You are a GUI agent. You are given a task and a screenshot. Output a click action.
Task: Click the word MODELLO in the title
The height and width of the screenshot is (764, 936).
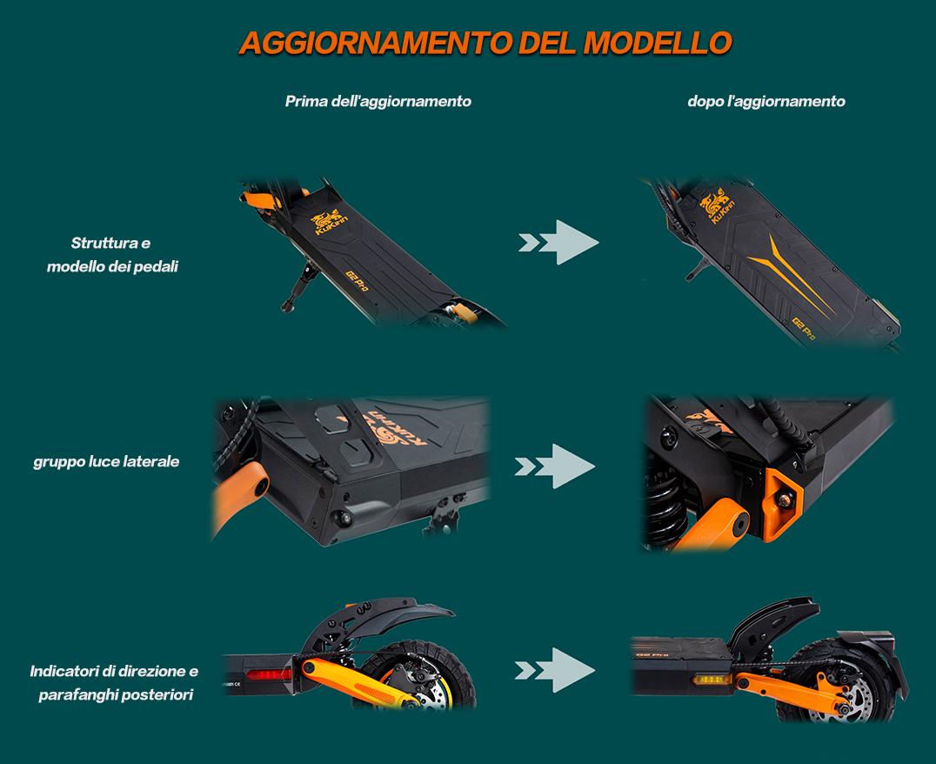(x=658, y=43)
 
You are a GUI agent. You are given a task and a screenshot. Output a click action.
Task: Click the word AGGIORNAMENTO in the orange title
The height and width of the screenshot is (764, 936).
(x=376, y=43)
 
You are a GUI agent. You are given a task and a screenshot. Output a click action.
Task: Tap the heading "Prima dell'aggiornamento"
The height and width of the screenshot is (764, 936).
(x=378, y=101)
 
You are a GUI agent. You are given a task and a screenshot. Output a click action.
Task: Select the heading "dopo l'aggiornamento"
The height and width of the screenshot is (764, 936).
(x=766, y=101)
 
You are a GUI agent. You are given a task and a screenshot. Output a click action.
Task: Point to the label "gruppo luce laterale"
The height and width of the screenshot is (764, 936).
(x=106, y=461)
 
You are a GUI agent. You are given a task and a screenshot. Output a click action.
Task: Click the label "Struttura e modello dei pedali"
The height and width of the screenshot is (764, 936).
(x=112, y=254)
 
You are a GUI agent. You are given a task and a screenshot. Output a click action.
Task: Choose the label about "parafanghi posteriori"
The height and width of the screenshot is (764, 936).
(x=114, y=683)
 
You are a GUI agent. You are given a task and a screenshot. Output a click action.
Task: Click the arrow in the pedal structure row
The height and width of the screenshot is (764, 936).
(x=558, y=243)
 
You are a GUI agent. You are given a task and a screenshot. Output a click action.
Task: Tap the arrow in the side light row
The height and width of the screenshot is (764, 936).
(x=555, y=466)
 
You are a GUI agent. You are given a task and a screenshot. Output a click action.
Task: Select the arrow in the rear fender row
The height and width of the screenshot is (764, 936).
(x=555, y=670)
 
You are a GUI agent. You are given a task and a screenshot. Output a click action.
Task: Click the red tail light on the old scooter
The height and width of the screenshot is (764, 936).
(x=269, y=675)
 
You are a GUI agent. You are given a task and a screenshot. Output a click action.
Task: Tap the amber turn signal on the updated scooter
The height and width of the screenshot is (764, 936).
(x=711, y=680)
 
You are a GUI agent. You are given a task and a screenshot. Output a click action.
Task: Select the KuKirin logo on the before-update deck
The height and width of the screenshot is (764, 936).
(x=328, y=222)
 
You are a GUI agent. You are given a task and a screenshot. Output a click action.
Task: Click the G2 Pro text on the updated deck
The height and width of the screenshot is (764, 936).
(x=804, y=329)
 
